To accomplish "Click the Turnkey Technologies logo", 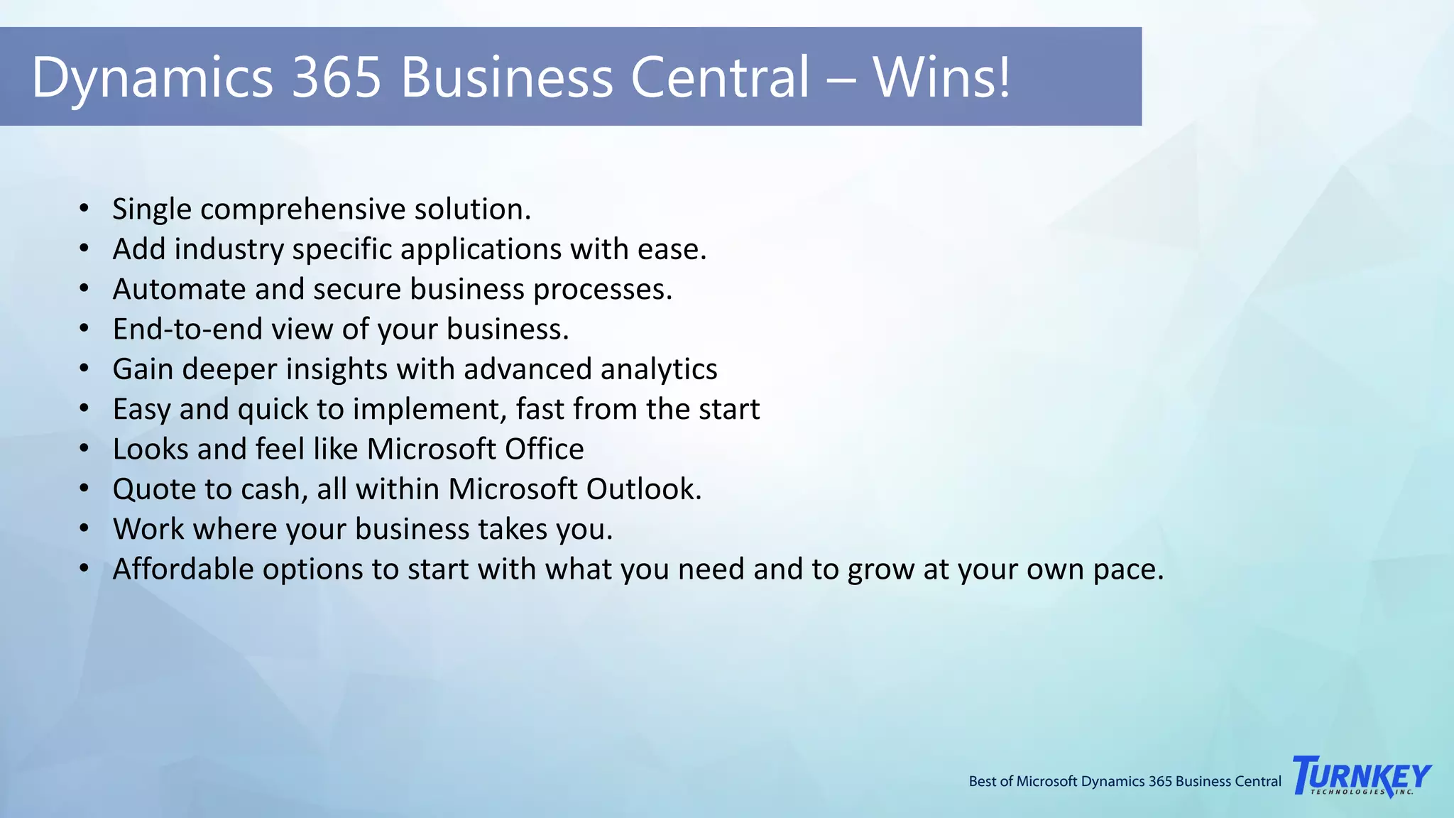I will click(1362, 776).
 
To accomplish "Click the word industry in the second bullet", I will click(229, 250).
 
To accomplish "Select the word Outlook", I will click(643, 489).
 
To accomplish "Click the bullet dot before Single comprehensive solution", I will click(84, 209).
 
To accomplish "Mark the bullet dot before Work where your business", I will click(84, 530).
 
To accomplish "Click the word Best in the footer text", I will click(982, 782).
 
